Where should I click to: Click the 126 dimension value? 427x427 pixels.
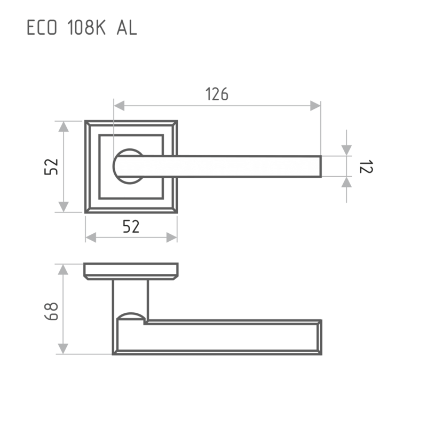tap(217, 94)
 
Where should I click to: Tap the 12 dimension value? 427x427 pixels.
tap(366, 167)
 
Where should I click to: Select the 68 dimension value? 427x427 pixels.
tap(51, 311)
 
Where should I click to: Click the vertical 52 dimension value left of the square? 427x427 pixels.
tap(51, 167)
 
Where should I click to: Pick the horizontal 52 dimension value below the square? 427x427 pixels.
tap(131, 226)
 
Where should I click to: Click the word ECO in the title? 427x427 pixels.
tap(42, 28)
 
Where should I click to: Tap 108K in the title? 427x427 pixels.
tap(86, 28)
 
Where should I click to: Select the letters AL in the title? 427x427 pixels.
tap(127, 28)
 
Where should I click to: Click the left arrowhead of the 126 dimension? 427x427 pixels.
tap(119, 106)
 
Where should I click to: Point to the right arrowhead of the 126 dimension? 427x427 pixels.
tap(315, 106)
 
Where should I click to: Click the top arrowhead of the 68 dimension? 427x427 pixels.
tap(63, 270)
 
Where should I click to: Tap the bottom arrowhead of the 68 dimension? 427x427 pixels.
tap(63, 349)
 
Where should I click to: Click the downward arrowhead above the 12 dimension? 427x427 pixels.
tap(346, 151)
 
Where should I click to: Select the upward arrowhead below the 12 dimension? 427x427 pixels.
tap(346, 182)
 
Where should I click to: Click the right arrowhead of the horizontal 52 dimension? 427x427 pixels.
tap(171, 238)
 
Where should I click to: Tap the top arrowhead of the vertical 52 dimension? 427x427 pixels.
tap(64, 126)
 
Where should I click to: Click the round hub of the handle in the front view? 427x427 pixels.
tap(128, 166)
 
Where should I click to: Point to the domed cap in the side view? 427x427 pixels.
tap(131, 316)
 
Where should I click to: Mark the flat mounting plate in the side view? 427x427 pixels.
tap(131, 271)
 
